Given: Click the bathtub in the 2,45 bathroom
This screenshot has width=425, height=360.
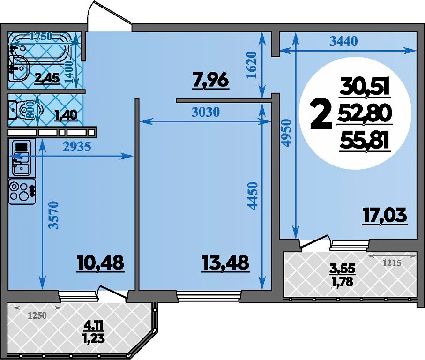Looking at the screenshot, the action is point(44,46).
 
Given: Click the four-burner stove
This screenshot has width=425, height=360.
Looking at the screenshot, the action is point(22,191).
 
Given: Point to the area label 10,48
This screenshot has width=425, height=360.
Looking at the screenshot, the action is point(100,262).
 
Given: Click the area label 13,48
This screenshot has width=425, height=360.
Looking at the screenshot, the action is point(225,262).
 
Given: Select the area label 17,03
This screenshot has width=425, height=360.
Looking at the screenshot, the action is point(385,216).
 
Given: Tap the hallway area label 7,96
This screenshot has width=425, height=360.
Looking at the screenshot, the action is point(210,81).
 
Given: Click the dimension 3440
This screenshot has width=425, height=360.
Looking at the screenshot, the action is point(343,41).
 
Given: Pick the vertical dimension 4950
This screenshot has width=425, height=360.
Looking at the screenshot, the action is point(287,133).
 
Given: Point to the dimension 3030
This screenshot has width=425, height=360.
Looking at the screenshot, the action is point(206,112).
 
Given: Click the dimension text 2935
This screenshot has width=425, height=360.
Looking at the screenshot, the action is point(77,147).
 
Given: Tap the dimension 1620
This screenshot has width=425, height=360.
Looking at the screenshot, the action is point(252,65).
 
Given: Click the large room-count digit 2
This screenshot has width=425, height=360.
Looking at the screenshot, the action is point(321,114).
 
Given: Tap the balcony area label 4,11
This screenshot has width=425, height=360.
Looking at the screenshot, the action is point(94,324).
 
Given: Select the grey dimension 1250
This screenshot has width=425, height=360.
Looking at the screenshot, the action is point(37,315).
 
